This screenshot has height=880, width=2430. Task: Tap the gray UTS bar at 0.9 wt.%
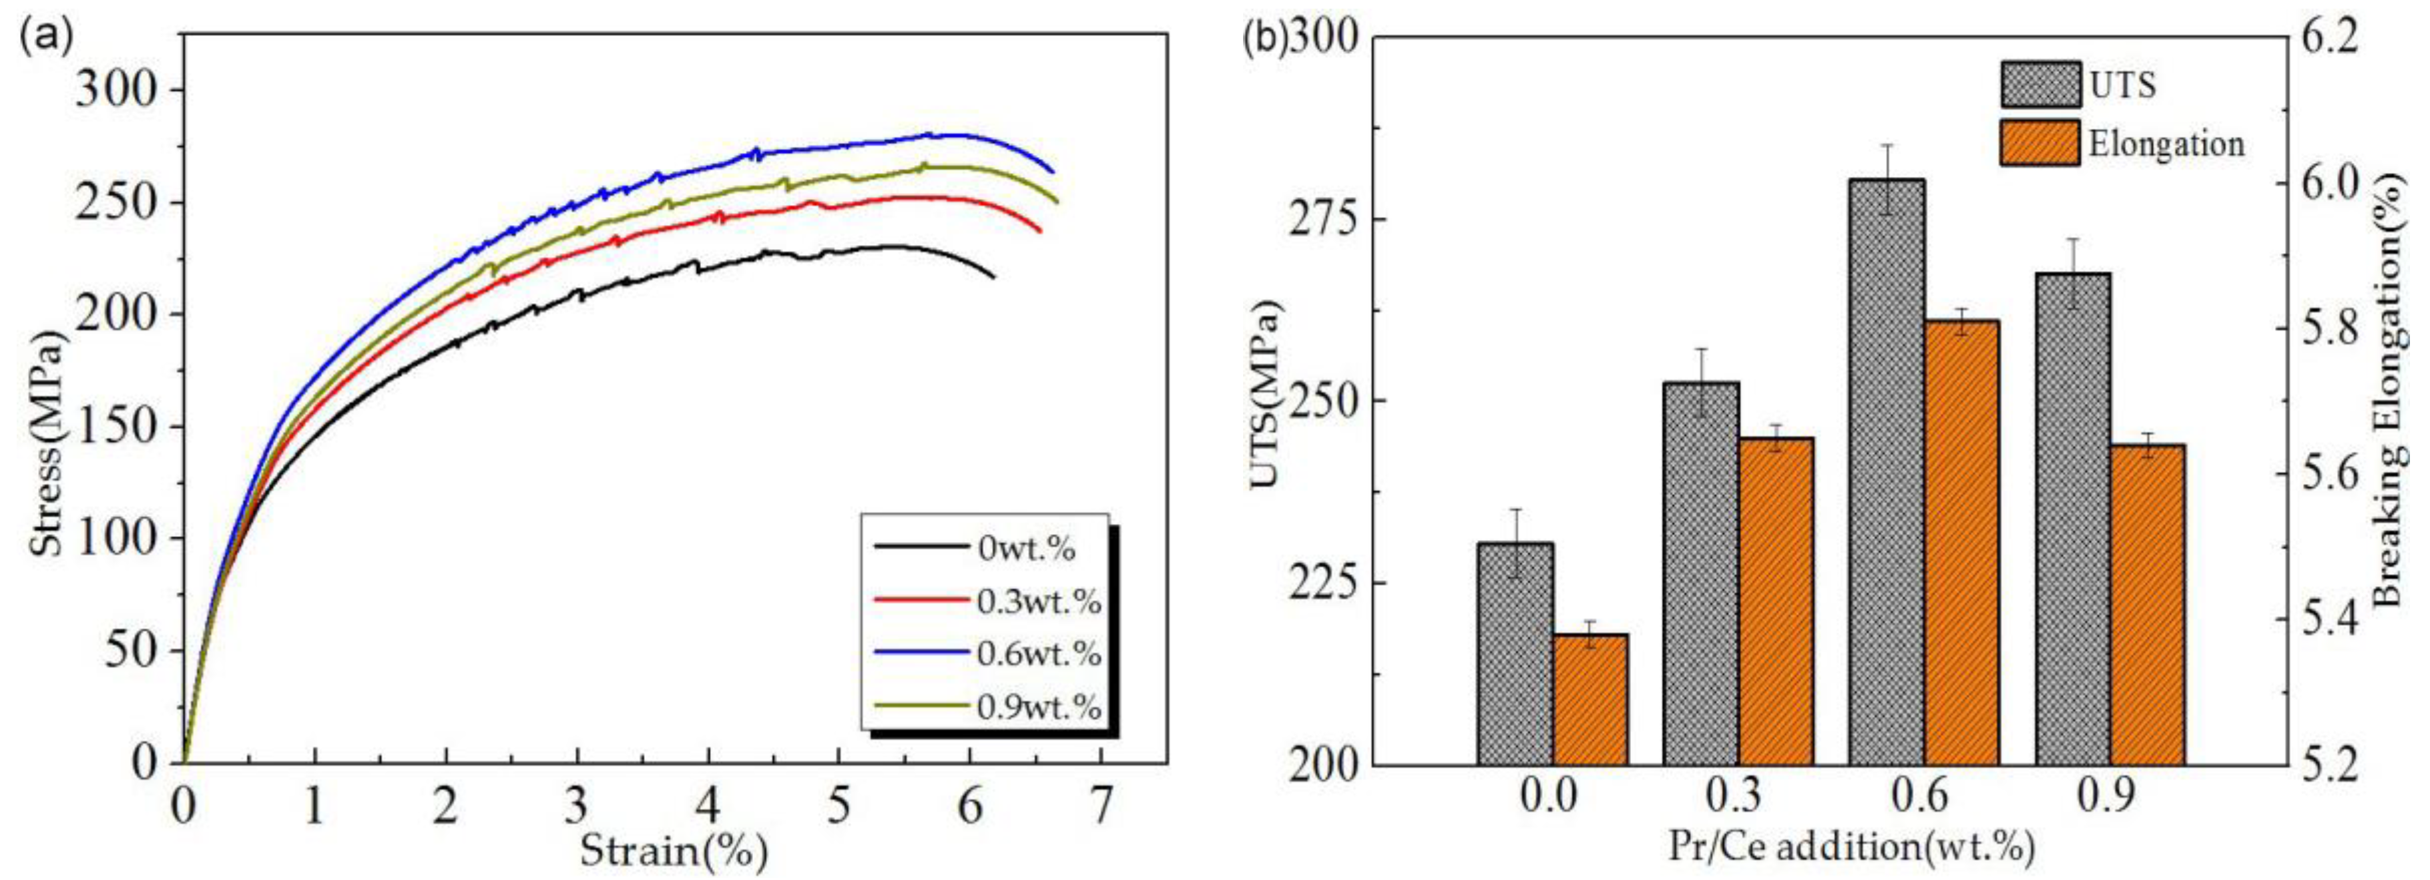pyautogui.click(x=2072, y=519)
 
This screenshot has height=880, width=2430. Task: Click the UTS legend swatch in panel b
pyautogui.click(x=2039, y=85)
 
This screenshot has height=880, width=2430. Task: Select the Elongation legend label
pyautogui.click(x=2166, y=144)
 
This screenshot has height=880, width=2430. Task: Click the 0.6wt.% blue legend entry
pyautogui.click(x=1037, y=653)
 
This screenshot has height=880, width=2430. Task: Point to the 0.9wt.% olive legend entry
pyautogui.click(x=1037, y=706)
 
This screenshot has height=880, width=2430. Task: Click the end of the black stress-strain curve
pyautogui.click(x=993, y=276)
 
